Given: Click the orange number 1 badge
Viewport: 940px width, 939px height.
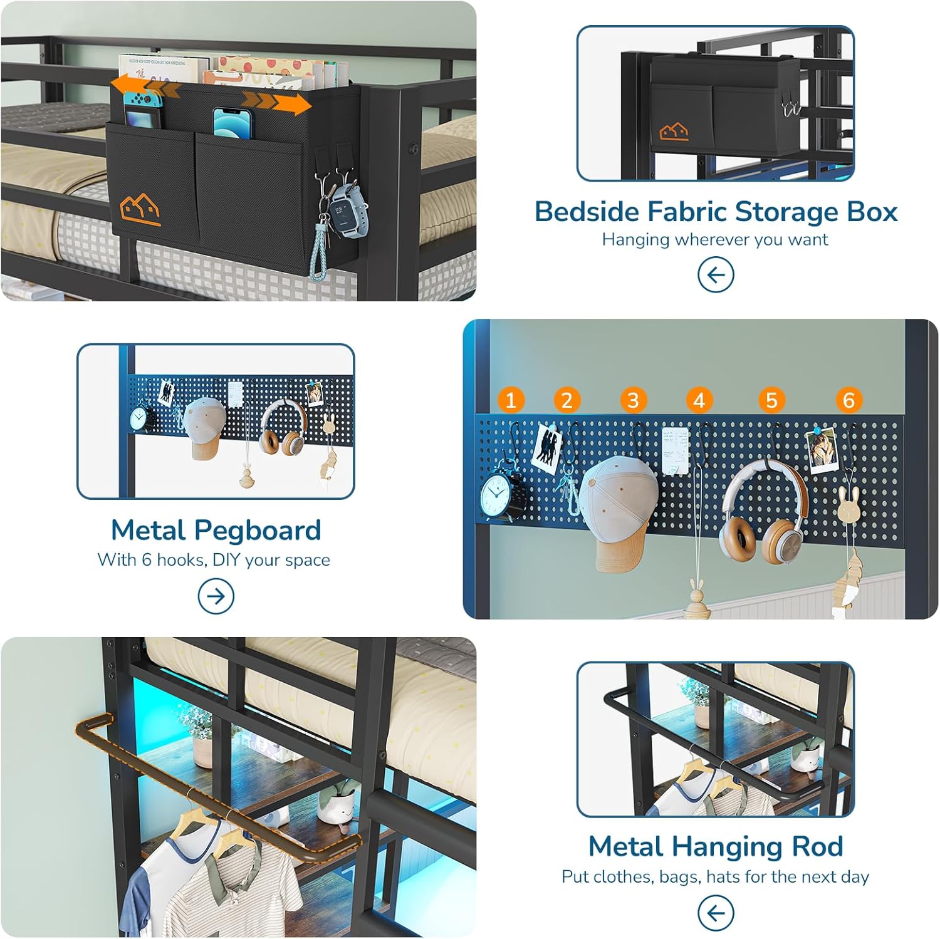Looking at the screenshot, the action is [511, 400].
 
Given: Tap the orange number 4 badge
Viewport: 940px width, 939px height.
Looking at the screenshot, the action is [699, 400].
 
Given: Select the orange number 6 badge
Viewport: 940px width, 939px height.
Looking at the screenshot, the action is [849, 400].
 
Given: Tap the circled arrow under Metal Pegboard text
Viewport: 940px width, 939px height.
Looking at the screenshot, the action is [216, 596].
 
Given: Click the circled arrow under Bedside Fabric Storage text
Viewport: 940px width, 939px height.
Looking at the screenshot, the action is [716, 274].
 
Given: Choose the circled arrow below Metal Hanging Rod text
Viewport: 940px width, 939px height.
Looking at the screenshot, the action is [716, 913].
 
